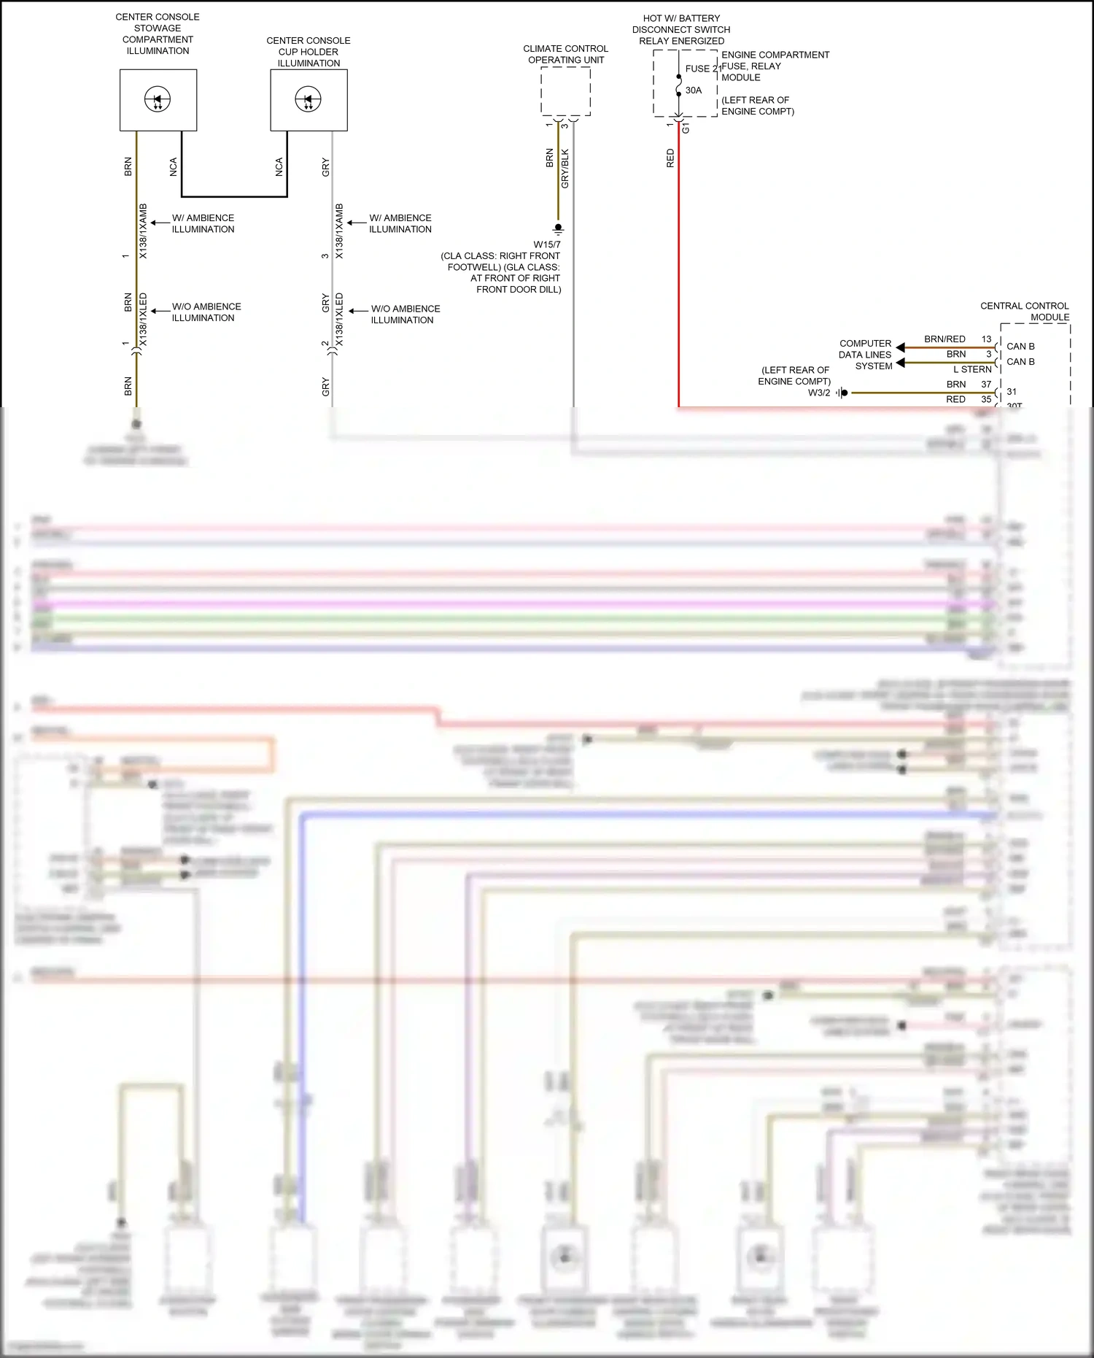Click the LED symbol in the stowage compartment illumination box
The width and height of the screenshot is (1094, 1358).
click(x=158, y=99)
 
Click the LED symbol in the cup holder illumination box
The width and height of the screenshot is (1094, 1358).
click(x=308, y=99)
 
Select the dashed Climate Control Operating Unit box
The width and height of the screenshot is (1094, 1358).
click(x=565, y=91)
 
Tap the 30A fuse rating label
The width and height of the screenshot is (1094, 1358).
click(x=694, y=90)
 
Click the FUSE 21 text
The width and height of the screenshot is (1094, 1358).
click(x=702, y=69)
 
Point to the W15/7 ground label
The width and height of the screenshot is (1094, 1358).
click(x=547, y=244)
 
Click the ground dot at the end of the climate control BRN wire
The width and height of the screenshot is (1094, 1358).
click(x=558, y=228)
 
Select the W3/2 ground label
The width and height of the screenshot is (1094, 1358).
click(x=818, y=393)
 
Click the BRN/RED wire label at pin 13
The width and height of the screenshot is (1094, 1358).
click(x=944, y=339)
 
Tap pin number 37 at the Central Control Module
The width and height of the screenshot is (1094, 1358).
click(x=986, y=385)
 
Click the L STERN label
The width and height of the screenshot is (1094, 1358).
click(x=972, y=369)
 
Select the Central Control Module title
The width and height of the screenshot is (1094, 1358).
click(x=1025, y=312)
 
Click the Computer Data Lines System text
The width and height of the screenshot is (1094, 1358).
click(x=866, y=355)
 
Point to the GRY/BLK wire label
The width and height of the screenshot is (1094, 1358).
click(x=565, y=169)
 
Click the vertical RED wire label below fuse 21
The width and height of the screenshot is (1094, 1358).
click(x=670, y=158)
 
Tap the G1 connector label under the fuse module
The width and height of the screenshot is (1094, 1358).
click(x=686, y=128)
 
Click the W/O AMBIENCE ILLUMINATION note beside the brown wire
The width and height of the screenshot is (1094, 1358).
click(x=206, y=312)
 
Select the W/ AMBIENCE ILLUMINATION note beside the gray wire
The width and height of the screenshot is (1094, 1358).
click(x=400, y=223)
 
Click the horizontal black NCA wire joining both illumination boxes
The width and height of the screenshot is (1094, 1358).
click(x=233, y=196)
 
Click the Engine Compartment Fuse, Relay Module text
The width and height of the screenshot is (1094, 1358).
click(x=775, y=66)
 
